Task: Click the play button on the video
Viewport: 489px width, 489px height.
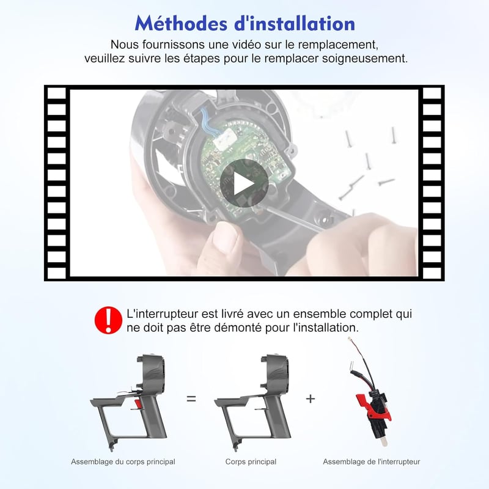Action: (x=244, y=183)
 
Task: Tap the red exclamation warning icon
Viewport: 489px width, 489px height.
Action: (x=109, y=320)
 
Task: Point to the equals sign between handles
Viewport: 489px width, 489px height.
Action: (x=191, y=399)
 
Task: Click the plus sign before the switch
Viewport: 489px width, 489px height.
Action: (x=311, y=399)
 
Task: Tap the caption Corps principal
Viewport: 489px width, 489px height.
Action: (x=251, y=461)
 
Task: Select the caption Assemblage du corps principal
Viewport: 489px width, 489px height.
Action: (x=123, y=461)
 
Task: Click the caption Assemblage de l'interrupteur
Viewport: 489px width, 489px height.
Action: (x=372, y=461)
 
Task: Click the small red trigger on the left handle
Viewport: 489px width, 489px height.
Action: (x=138, y=404)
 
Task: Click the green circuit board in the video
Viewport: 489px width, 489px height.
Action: (x=246, y=165)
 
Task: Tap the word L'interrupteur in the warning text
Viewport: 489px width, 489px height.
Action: (x=162, y=314)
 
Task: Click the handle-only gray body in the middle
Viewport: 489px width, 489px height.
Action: (x=252, y=402)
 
